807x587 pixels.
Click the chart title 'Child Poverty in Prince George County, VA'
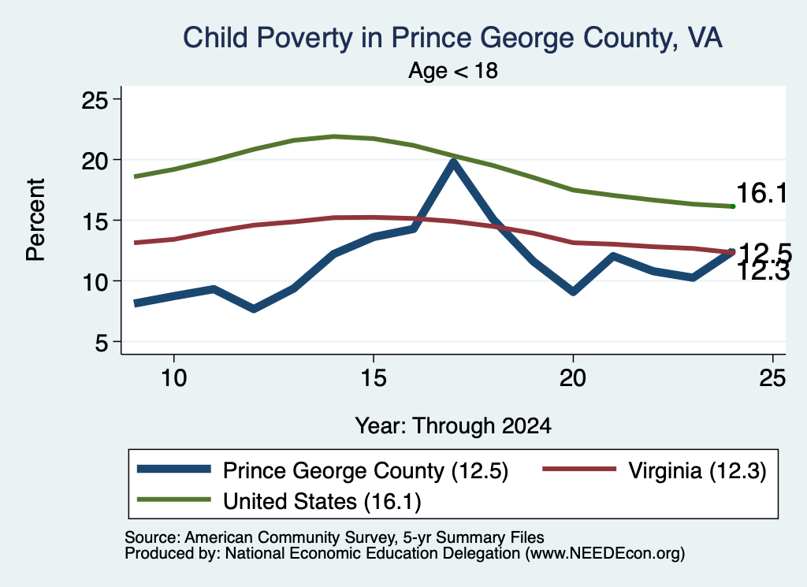(x=453, y=38)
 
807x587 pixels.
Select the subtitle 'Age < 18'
(x=453, y=70)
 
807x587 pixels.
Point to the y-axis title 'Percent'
(x=35, y=220)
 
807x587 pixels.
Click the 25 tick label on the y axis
(x=95, y=99)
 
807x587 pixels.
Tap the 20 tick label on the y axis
(x=95, y=160)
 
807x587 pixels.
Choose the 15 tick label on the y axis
(x=95, y=221)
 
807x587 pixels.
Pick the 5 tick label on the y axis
(x=102, y=342)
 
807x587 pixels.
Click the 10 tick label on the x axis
(x=174, y=378)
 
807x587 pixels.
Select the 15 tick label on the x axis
(x=374, y=378)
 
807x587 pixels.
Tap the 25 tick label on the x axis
(x=772, y=378)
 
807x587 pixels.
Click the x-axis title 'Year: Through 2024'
(x=453, y=426)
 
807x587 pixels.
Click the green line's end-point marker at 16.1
(x=733, y=206)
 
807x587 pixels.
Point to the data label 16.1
(x=762, y=194)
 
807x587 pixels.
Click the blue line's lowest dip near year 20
(x=573, y=292)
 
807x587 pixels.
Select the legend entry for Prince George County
(x=322, y=470)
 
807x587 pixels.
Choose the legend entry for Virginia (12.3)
(x=655, y=470)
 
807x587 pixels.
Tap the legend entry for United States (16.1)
(x=279, y=501)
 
